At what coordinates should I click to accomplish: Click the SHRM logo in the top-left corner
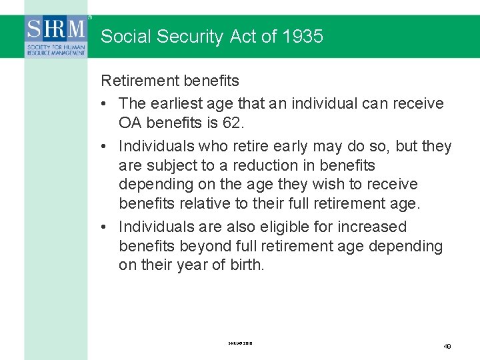coord(57,37)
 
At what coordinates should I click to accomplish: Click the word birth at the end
coord(246,265)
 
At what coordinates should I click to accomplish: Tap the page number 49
coord(447,346)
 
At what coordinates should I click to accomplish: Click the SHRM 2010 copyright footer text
coord(240,343)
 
